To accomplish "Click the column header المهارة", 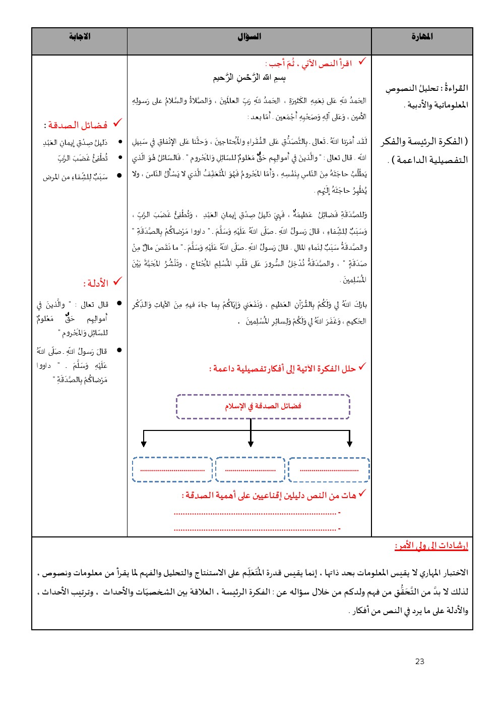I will pos(422,37).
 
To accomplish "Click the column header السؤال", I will pos(249,37).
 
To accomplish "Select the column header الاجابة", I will pos(79,37).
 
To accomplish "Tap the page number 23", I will pos(420,661).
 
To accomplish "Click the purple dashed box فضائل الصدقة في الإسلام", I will pos(263,407).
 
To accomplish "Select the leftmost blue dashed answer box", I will pos(172,469).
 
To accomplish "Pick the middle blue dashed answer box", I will pos(250,469).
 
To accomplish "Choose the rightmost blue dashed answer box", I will pos(329,469).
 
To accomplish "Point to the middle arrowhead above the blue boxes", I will pos(251,444).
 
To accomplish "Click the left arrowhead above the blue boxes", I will pos(144,444).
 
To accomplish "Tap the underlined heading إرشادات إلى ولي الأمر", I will pos(431,546).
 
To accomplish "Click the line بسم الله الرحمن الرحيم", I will pos(249,78).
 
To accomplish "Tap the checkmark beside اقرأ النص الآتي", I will pos(361,62).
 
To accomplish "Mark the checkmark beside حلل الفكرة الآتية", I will pos(362,367).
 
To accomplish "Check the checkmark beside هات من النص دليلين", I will pos(362,494).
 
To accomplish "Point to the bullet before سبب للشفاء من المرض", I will pos(119,176).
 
